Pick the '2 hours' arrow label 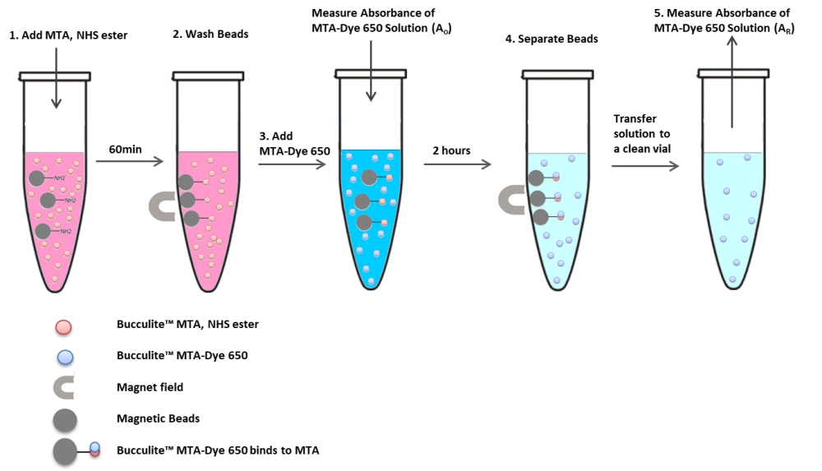click(x=452, y=150)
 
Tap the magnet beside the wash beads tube click(x=159, y=207)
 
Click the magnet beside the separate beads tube click(x=512, y=200)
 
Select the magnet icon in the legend click(x=64, y=386)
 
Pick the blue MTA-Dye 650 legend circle click(x=64, y=356)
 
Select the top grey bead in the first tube click(x=37, y=178)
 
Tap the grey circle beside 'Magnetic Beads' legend click(x=64, y=419)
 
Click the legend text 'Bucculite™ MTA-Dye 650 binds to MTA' click(x=218, y=450)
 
